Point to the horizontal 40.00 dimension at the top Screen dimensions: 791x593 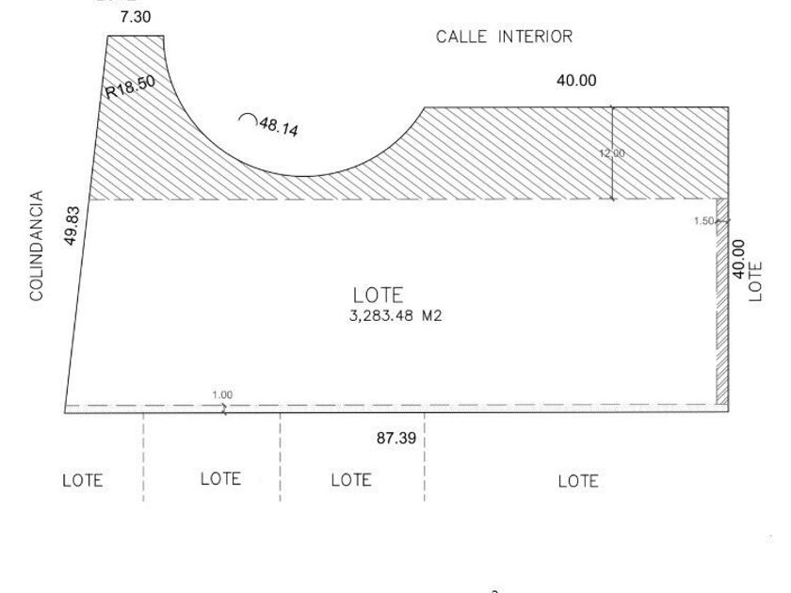click(575, 81)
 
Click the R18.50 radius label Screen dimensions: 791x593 click(130, 87)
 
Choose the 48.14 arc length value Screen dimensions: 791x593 click(279, 127)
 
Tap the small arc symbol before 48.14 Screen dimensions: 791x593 click(248, 120)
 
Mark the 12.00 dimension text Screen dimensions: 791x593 click(613, 153)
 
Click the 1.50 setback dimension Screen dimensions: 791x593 click(703, 221)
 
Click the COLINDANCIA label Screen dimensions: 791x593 click(37, 245)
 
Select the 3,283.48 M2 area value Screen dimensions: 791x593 click(395, 316)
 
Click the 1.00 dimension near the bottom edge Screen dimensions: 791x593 click(222, 395)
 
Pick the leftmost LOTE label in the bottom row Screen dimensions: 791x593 click(82, 480)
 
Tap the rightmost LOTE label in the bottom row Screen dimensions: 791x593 click(578, 481)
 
